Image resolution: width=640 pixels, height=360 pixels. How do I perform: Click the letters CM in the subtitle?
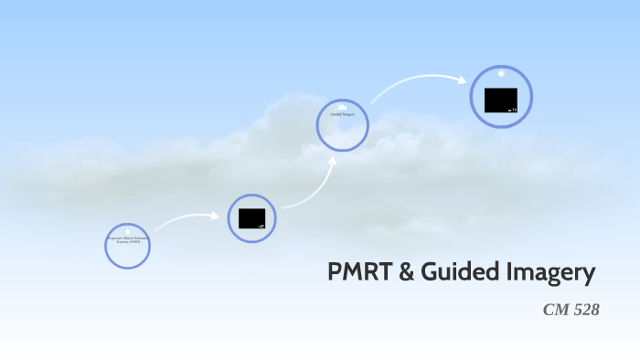(x=555, y=310)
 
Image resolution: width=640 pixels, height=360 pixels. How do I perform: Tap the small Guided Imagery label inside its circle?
(x=342, y=114)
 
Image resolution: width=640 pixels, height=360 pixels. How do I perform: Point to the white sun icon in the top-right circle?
(x=501, y=72)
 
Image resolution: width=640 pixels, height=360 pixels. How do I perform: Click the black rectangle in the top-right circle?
(x=500, y=100)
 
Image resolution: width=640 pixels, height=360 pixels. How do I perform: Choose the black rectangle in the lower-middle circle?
(x=251, y=218)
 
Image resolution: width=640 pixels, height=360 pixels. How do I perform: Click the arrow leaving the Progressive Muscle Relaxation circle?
(x=187, y=220)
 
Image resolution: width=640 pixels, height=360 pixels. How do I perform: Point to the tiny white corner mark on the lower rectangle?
(x=261, y=225)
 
